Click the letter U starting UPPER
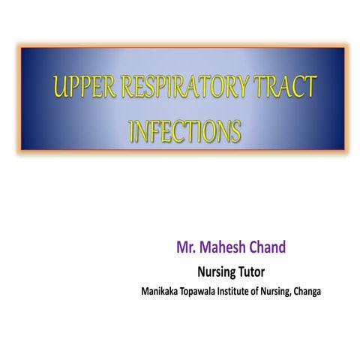pos(55,91)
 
